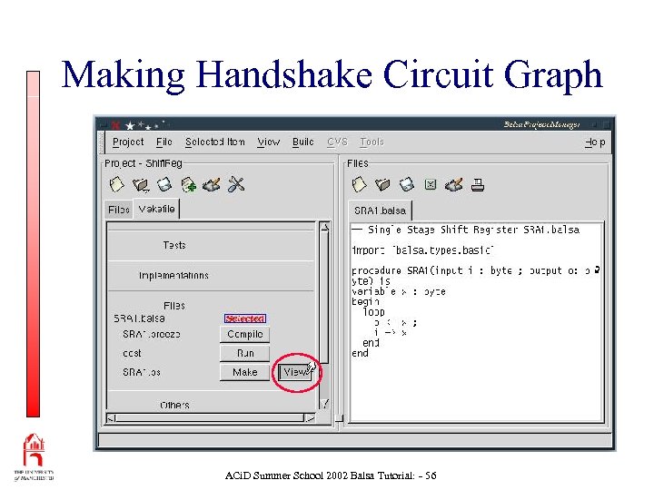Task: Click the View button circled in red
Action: (297, 372)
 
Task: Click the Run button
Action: (245, 353)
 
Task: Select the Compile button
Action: (245, 334)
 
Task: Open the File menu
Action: (164, 142)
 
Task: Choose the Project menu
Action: (128, 142)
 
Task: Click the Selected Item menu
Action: (214, 142)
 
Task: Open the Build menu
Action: (303, 142)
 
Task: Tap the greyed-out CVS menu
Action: (337, 142)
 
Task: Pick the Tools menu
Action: (372, 142)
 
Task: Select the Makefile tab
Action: (157, 209)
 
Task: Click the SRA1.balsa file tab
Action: (381, 210)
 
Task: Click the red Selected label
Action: (245, 318)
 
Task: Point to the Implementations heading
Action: (173, 275)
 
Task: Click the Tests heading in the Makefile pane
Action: (174, 245)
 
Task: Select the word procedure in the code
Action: (377, 270)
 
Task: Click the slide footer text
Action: (331, 475)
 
